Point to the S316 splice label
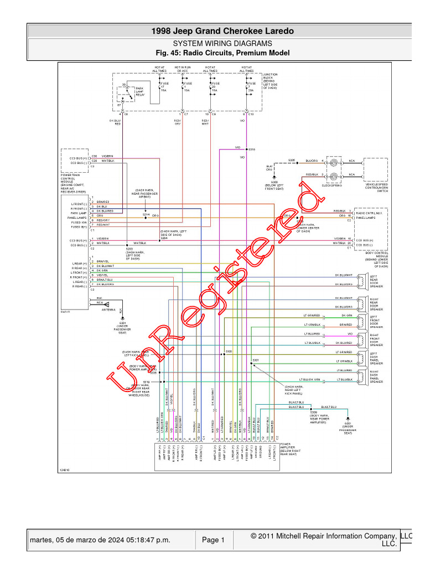(x=252, y=150)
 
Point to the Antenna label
(x=108, y=310)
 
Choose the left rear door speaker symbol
(x=361, y=280)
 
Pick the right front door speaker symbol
(x=361, y=339)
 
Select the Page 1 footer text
(x=213, y=540)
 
